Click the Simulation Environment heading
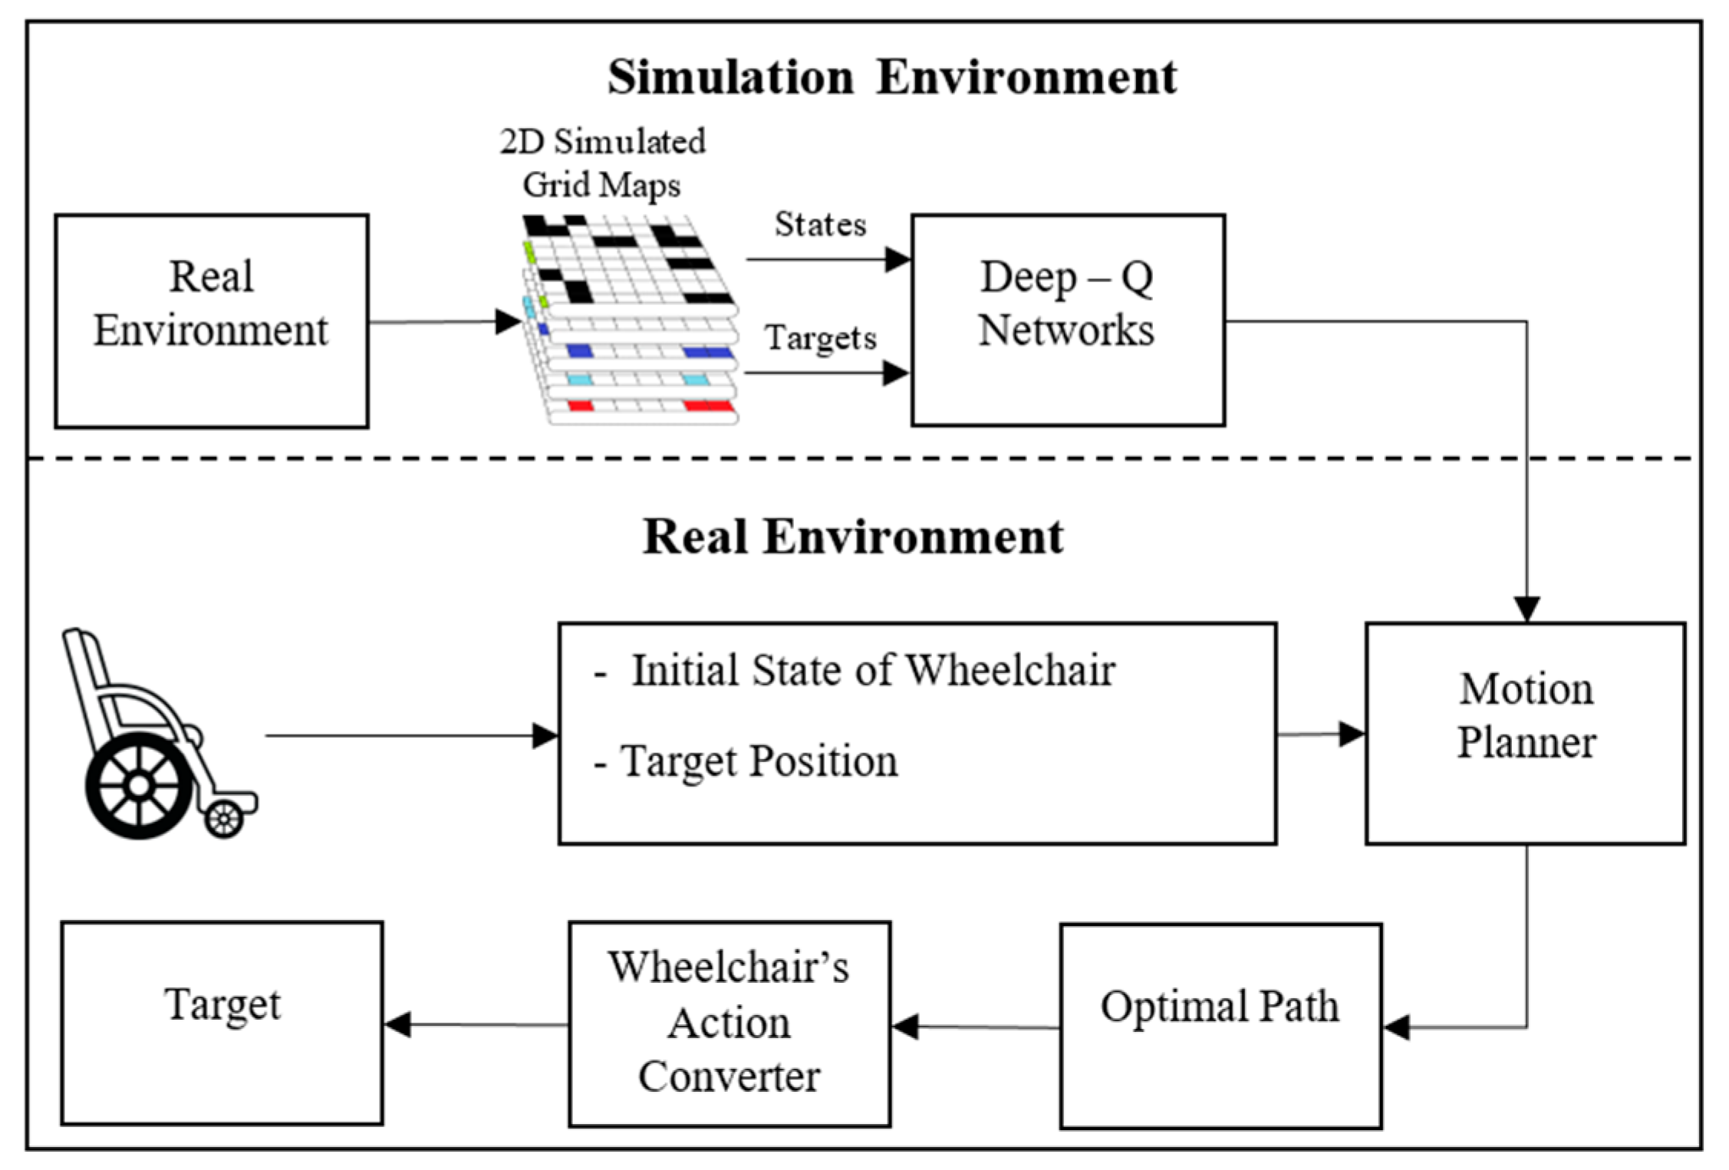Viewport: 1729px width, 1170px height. coord(891,77)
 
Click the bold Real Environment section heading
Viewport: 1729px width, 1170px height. coord(853,536)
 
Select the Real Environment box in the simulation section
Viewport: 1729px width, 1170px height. coord(211,320)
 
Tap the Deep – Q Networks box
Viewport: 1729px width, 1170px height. coord(1067,320)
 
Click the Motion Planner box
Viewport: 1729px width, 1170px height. coord(1525,733)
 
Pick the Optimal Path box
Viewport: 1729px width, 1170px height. coord(1220,1025)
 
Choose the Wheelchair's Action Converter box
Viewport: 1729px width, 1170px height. coord(729,1023)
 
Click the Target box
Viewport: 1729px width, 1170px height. coord(222,1022)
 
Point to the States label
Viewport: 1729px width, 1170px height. coord(820,225)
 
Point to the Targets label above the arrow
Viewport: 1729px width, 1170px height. coord(820,337)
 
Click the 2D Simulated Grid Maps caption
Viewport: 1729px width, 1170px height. coord(602,163)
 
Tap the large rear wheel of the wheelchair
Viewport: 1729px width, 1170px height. coord(139,786)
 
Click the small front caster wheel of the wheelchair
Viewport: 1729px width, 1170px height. coord(224,820)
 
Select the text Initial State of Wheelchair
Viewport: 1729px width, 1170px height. coord(872,670)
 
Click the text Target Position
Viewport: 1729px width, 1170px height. coord(758,761)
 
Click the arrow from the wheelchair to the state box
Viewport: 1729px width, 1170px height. coord(407,736)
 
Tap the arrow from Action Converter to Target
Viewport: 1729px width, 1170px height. coord(476,1024)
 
